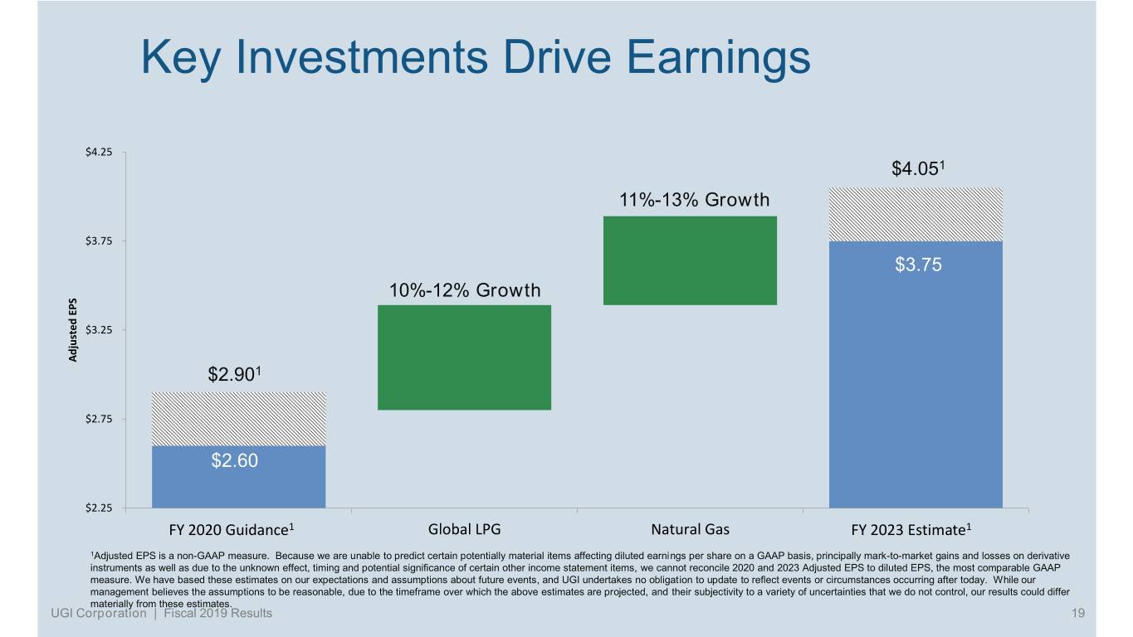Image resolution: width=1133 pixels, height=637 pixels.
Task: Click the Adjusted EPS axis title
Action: coord(73,330)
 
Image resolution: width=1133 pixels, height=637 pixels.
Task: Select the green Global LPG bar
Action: coord(464,357)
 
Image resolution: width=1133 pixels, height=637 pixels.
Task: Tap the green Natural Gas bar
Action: coord(690,260)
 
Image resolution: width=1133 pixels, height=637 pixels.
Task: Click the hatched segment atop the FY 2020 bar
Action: coord(238,419)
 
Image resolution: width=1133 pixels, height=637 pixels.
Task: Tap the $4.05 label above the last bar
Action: coord(920,169)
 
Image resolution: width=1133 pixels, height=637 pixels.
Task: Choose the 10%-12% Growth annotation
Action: coord(465,290)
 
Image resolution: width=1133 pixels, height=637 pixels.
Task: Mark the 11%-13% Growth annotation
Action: coord(694,200)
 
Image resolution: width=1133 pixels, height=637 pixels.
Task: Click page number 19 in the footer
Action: coord(1079,613)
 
